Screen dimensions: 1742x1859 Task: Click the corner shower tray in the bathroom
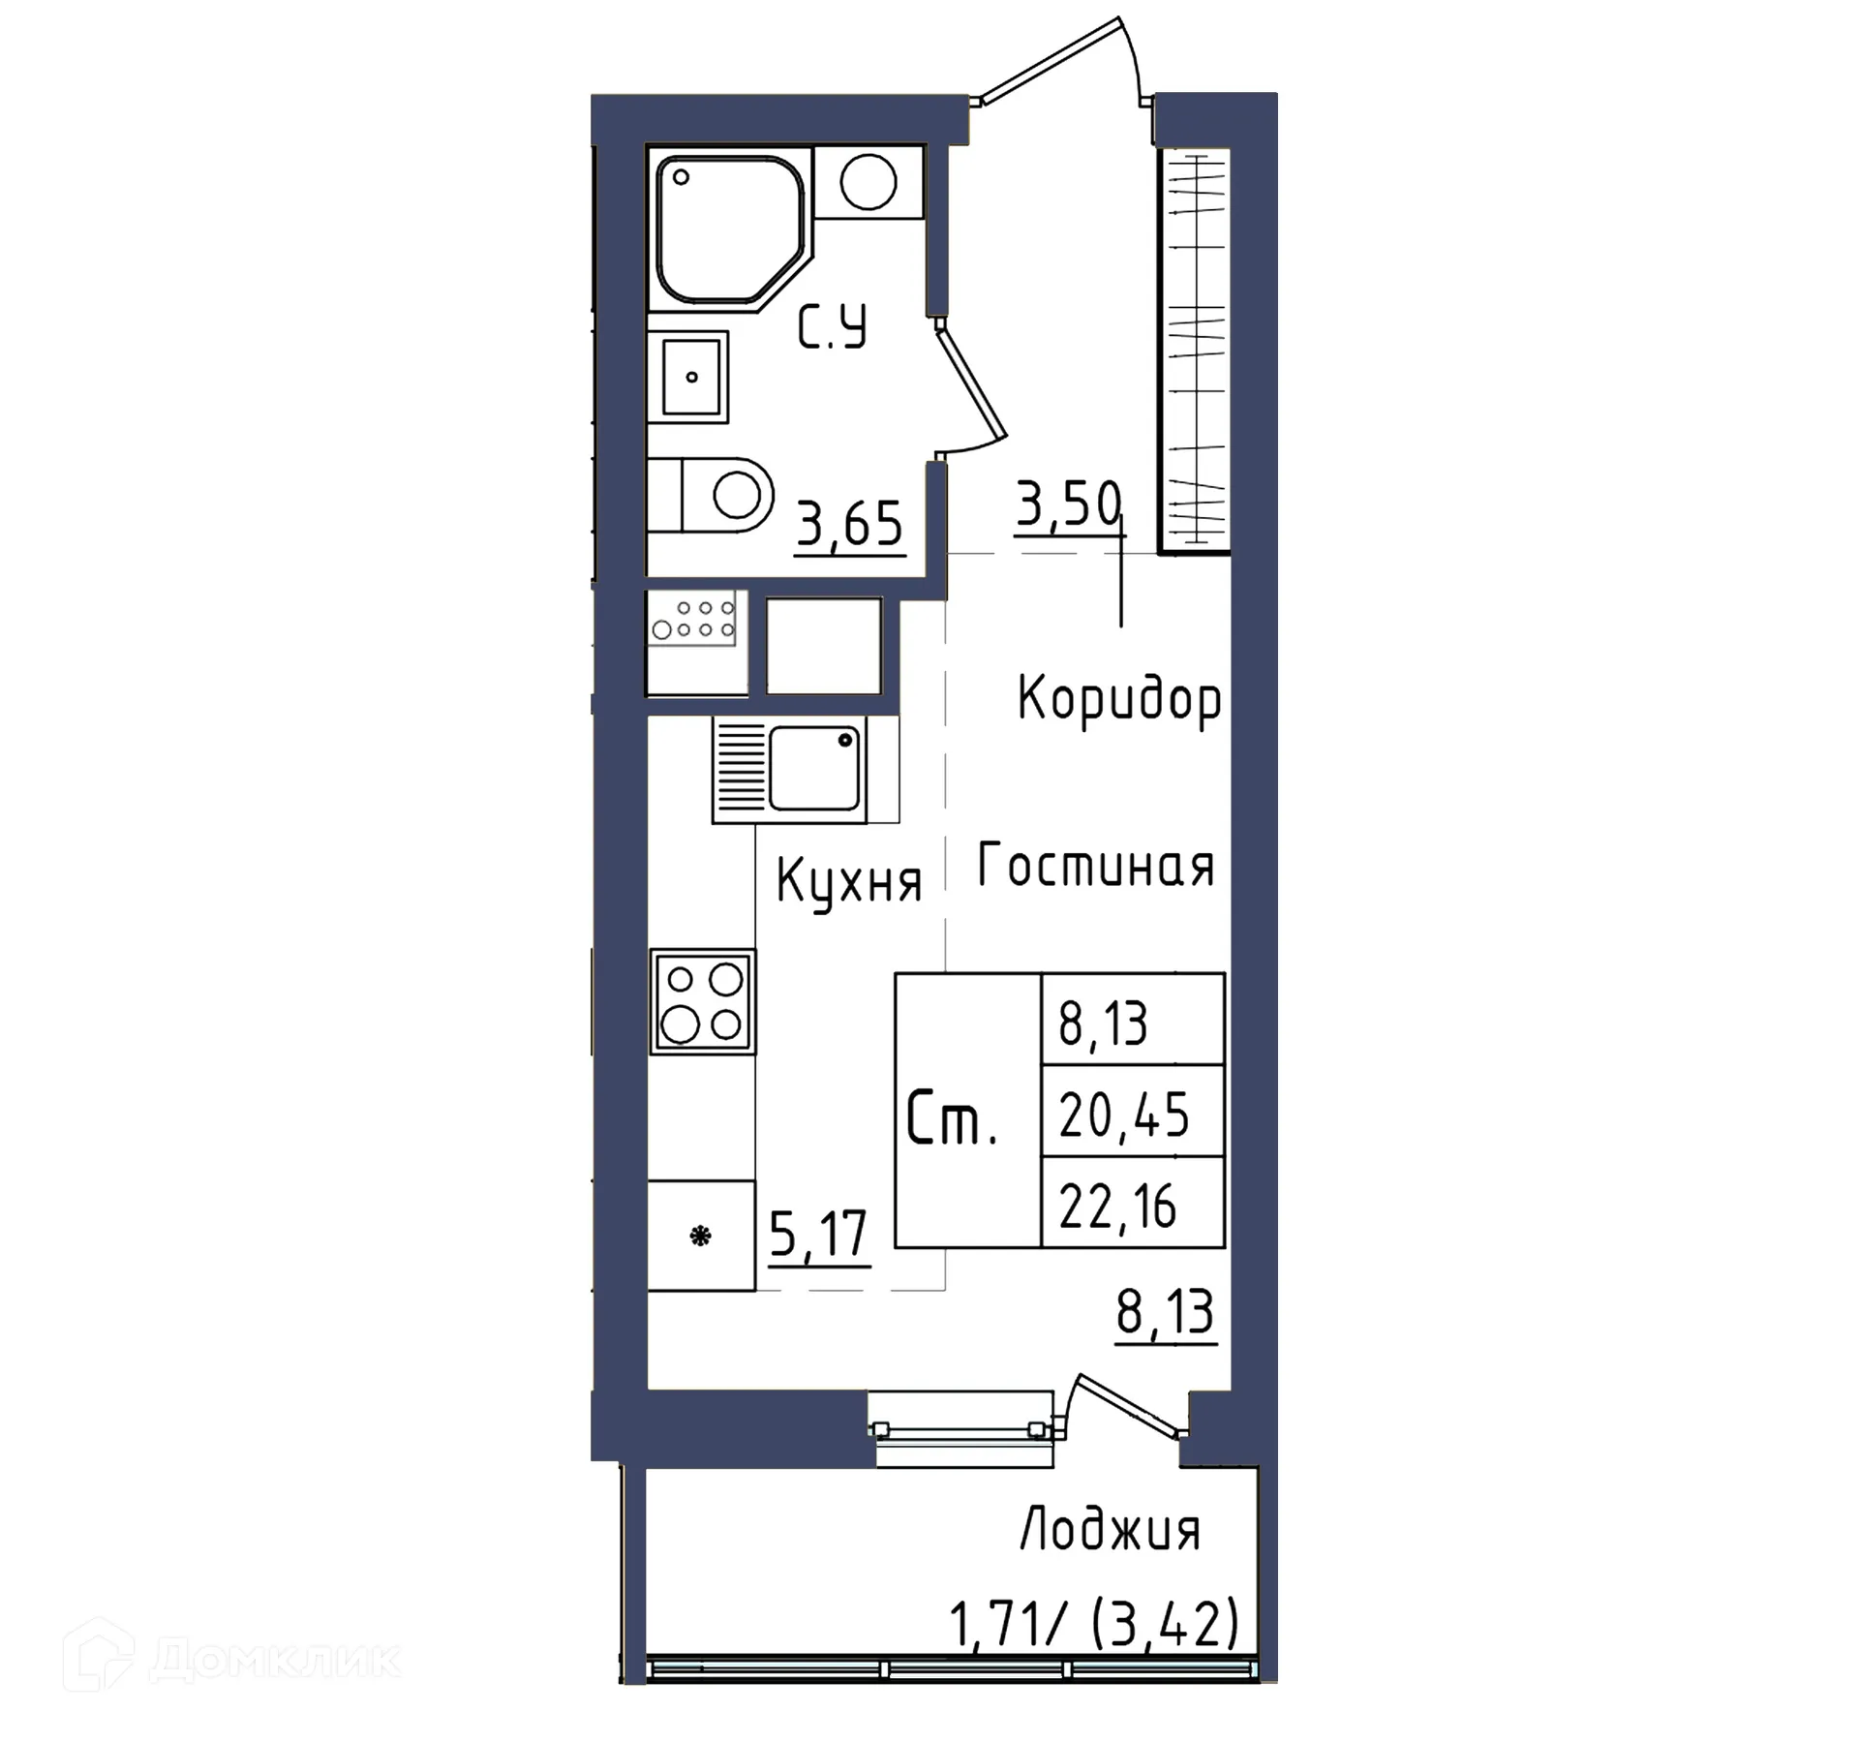point(728,230)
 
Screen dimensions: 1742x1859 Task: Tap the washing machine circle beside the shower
point(868,182)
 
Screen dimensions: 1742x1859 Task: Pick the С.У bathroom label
point(832,326)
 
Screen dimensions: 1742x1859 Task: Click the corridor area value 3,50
point(1068,504)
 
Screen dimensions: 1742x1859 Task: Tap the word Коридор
point(1118,698)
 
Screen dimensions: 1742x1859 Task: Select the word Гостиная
point(1095,865)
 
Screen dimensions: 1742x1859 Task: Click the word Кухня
point(848,882)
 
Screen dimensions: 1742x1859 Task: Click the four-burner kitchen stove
point(702,1001)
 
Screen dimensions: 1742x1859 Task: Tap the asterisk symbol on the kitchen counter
point(700,1237)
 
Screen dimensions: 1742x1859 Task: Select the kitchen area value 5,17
point(818,1234)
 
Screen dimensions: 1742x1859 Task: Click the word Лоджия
point(1110,1529)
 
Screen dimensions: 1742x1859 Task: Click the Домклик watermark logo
point(232,1659)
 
